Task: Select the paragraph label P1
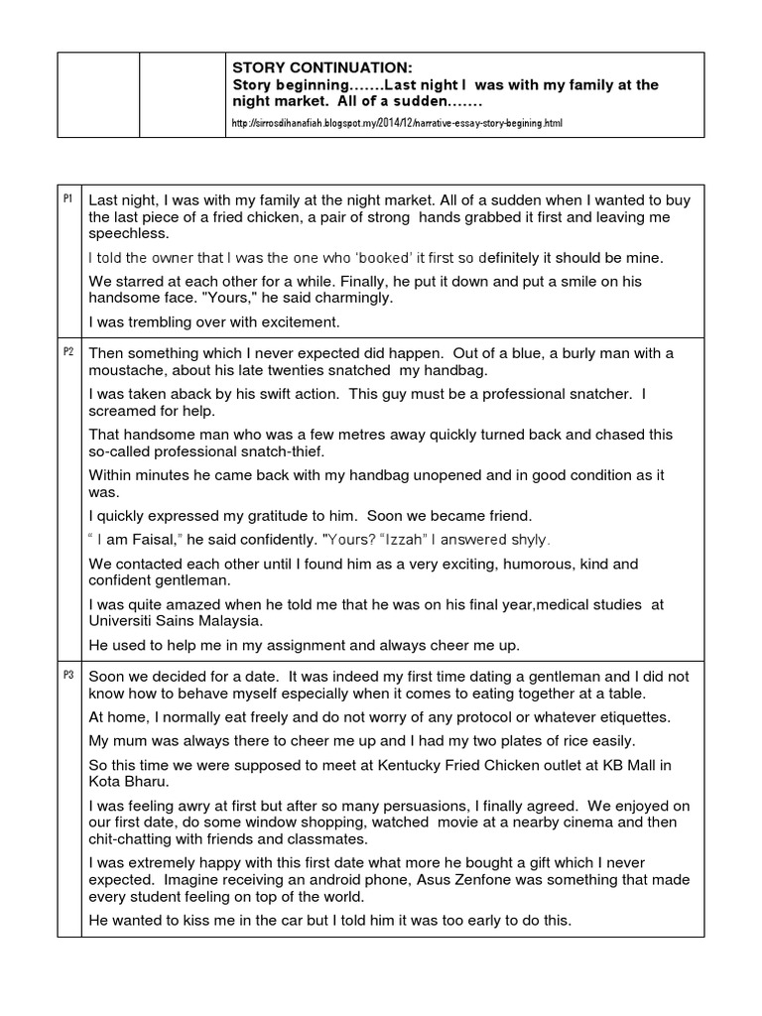pos(68,199)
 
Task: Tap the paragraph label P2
pos(68,353)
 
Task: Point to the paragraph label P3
pos(68,675)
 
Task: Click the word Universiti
pos(124,621)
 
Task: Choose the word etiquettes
pos(631,716)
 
